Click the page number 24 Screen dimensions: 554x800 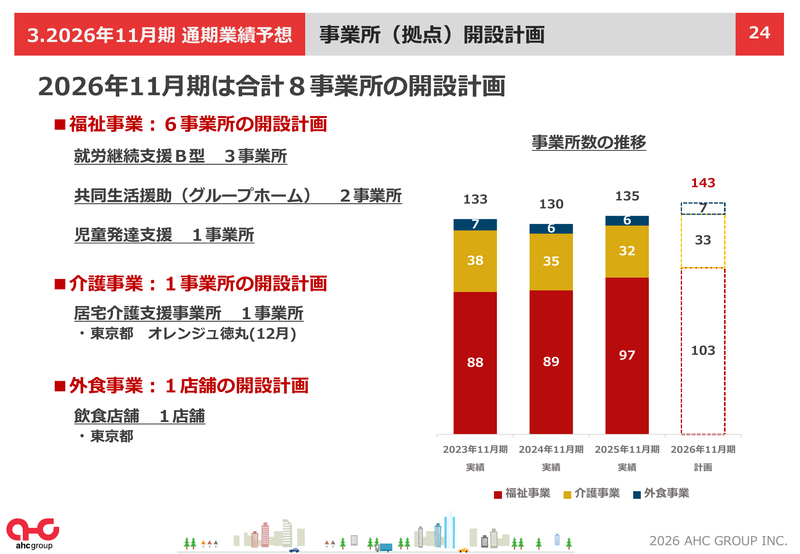759,33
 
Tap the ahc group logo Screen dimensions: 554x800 33,534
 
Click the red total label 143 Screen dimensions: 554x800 703,183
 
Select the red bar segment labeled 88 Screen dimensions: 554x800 475,362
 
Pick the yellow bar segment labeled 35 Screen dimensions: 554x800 551,261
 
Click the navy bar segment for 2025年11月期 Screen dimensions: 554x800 627,220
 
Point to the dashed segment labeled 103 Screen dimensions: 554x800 703,350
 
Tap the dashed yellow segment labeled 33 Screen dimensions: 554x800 703,240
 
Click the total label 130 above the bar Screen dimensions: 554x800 551,204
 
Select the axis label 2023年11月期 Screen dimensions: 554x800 475,449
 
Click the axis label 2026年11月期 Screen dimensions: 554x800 703,449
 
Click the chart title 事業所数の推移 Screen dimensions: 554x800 588,142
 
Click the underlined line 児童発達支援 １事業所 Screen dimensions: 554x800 164,235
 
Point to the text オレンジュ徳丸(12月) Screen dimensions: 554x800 222,334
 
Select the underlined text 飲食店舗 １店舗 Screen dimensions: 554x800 139,416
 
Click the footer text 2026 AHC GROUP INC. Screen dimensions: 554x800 718,541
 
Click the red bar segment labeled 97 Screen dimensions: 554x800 627,355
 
